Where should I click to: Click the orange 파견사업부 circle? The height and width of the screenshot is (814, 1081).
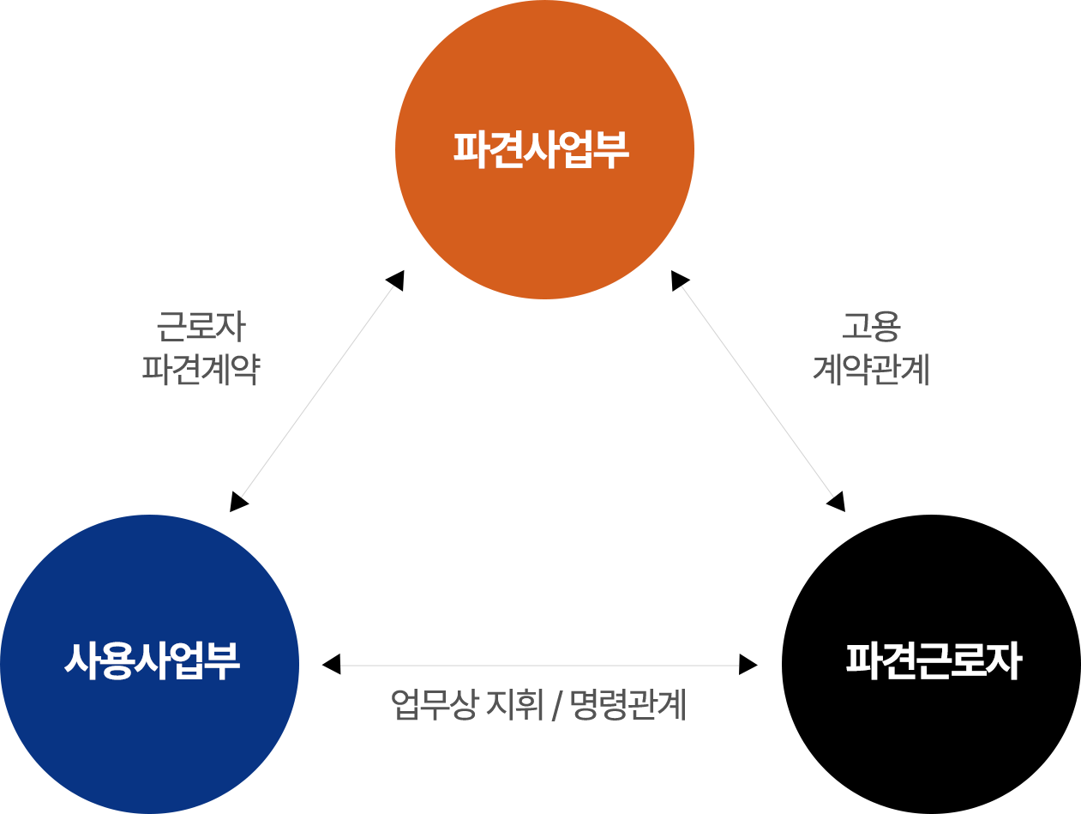click(544, 206)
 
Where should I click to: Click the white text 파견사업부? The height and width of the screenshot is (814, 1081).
click(542, 149)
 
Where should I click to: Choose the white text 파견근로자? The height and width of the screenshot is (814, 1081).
click(934, 662)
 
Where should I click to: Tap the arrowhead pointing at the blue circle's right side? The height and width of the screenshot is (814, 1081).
click(331, 664)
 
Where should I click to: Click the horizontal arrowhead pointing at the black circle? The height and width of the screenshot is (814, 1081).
click(748, 664)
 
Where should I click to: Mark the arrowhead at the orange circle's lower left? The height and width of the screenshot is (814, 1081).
click(395, 280)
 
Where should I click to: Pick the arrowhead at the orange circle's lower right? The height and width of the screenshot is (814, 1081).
click(681, 280)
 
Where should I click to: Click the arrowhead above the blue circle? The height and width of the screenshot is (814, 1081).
click(239, 502)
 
